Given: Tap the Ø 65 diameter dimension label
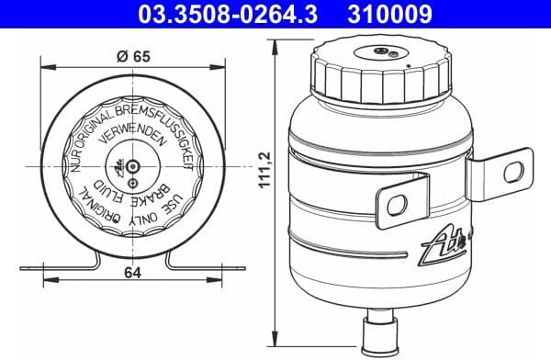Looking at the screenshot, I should [x=135, y=54].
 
